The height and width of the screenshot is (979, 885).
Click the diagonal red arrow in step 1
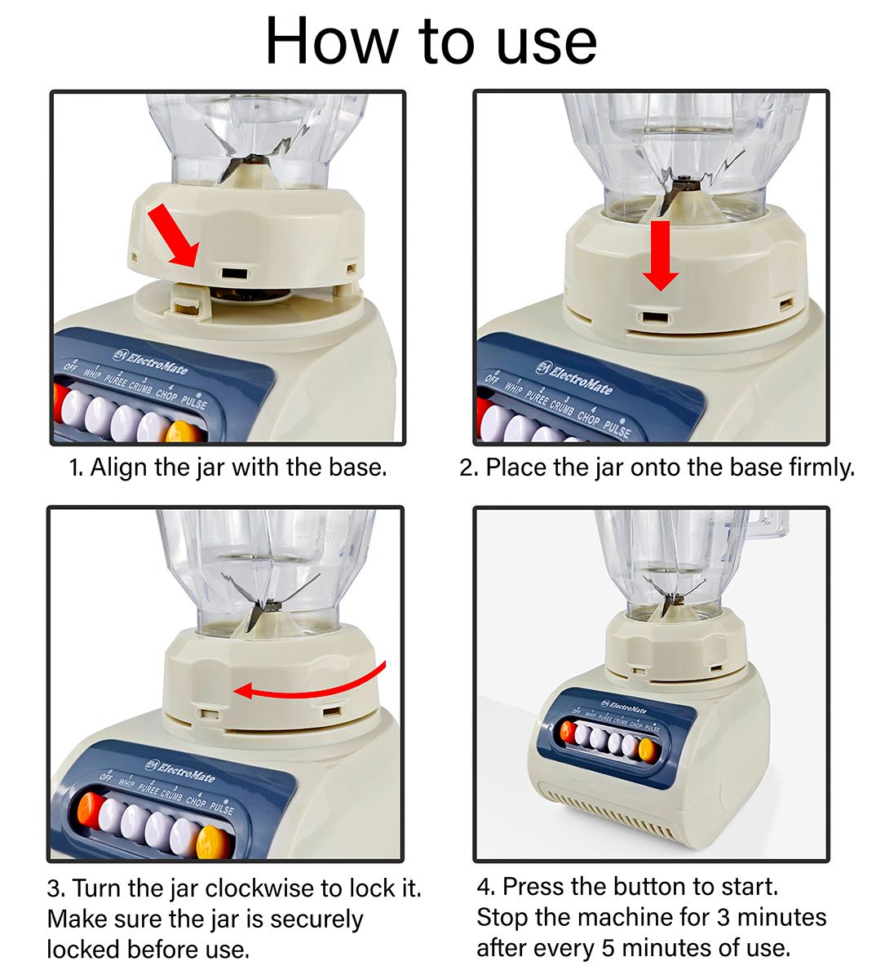173,235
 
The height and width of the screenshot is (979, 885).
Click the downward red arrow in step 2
660,255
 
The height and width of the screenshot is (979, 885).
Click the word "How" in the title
332,41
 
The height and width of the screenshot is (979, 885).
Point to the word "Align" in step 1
118,467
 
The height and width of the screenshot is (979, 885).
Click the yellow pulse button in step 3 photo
213,843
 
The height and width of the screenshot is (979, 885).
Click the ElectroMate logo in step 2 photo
574,379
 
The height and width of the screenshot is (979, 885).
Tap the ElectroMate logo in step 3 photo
180,770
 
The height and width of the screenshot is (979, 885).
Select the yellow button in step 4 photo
646,750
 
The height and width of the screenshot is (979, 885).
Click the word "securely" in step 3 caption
316,919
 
